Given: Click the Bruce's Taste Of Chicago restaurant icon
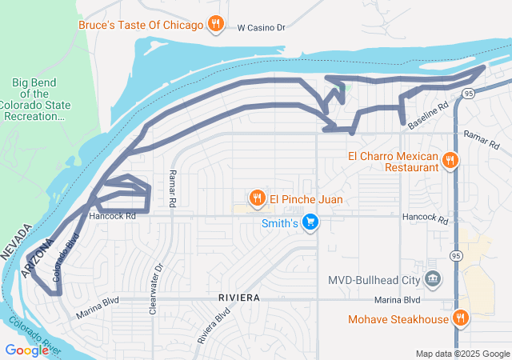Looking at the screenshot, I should pyautogui.click(x=214, y=25).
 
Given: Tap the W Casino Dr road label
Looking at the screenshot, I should pyautogui.click(x=262, y=27).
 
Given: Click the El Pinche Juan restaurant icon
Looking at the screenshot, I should pyautogui.click(x=257, y=198).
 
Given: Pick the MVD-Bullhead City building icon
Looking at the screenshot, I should pyautogui.click(x=433, y=279).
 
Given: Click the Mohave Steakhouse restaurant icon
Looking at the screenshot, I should pyautogui.click(x=461, y=318).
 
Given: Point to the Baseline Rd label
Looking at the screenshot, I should pyautogui.click(x=429, y=117).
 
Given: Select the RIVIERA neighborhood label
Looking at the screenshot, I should pyautogui.click(x=238, y=298).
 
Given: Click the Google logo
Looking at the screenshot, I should pyautogui.click(x=26, y=350).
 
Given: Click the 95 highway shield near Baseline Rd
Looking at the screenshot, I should pyautogui.click(x=468, y=94).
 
